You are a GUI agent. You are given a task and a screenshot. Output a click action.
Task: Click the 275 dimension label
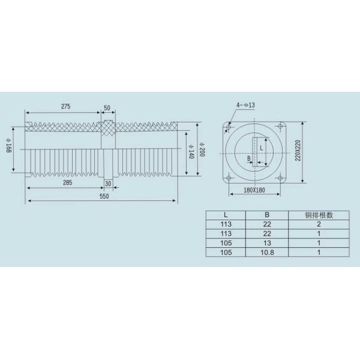pyautogui.click(x=66, y=106)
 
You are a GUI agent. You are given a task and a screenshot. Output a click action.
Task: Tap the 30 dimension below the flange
pyautogui.click(x=108, y=183)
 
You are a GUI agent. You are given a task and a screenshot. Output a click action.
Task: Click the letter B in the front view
pyautogui.click(x=249, y=159)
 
